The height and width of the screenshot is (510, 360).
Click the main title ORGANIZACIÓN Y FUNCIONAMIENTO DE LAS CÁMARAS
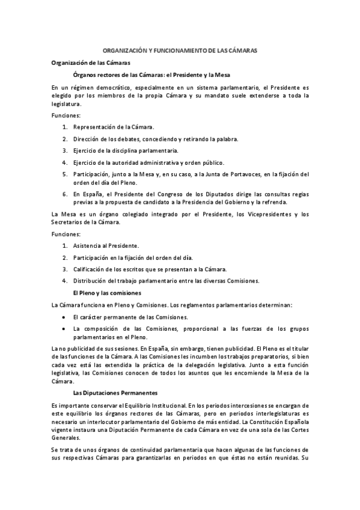[x=180, y=51]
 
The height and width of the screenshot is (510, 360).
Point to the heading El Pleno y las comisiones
[x=106, y=292]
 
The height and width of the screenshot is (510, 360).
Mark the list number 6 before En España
[x=64, y=194]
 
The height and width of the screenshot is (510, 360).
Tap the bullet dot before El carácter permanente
[x=64, y=316]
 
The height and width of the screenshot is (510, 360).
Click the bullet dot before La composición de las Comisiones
[x=64, y=328]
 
